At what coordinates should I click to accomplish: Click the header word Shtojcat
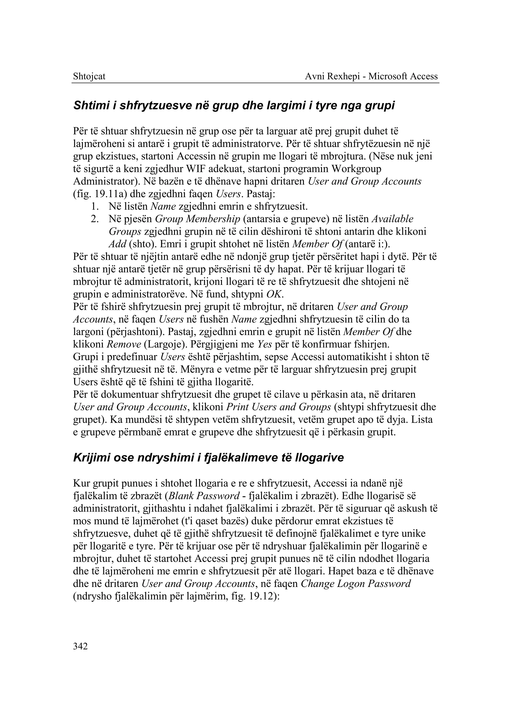coord(89,76)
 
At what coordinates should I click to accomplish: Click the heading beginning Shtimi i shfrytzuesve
coord(234,106)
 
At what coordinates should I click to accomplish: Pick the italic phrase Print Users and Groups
coord(278,407)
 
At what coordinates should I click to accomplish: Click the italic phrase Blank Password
coord(204,496)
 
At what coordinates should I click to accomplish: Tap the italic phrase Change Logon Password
coord(356,584)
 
